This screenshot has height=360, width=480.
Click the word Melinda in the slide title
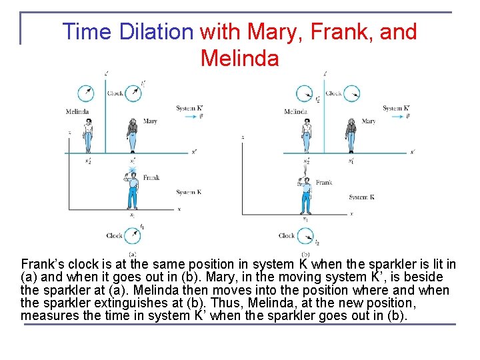[239, 58]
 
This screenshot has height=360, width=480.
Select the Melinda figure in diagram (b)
[307, 135]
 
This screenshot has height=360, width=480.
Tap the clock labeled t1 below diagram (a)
[133, 235]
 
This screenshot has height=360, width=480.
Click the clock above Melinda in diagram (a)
[85, 93]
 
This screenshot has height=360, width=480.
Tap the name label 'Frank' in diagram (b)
[324, 182]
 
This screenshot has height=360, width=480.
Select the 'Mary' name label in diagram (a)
[150, 121]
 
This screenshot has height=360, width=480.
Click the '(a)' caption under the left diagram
[133, 253]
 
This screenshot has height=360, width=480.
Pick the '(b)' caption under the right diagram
[305, 253]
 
